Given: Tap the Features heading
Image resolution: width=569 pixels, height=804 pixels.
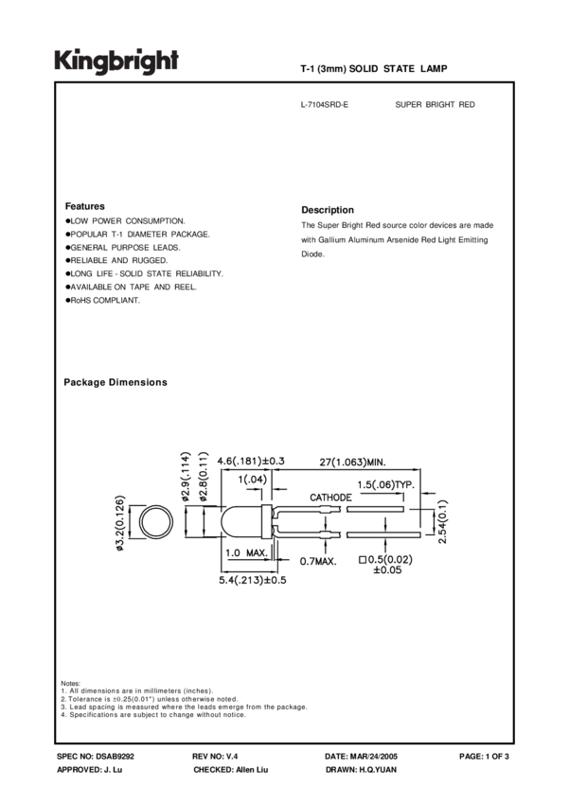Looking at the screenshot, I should [84, 206].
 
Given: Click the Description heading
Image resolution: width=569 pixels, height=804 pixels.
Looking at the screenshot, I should [328, 210].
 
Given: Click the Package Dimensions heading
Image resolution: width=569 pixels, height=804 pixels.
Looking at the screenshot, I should [116, 382].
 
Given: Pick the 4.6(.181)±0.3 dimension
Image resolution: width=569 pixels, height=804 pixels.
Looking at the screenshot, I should [251, 462].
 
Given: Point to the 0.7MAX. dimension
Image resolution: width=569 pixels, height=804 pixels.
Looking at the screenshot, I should [313, 563].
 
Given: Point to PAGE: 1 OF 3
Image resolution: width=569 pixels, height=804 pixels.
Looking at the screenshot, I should [484, 758].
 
